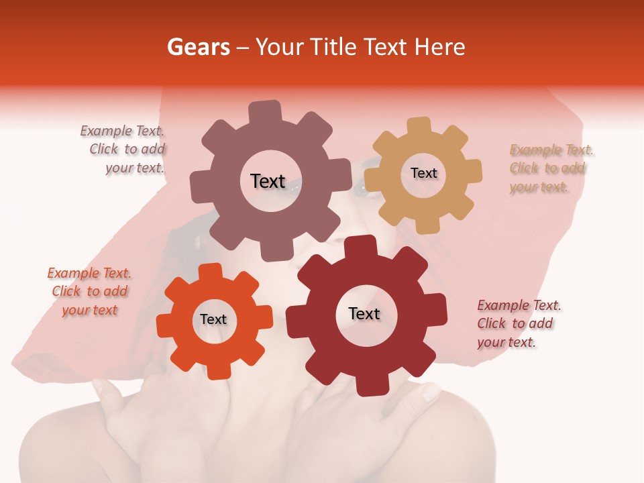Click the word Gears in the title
coord(198,47)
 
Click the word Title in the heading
coord(333,47)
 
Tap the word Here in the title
coord(440,47)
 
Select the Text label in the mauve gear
coord(268,181)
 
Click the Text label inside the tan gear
coord(423,173)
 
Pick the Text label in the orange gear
coord(213,320)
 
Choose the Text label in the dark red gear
coord(364,314)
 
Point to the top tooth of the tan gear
coord(419,127)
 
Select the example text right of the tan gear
coord(550,168)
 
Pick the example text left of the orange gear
coord(89,292)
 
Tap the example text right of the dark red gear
coord(518,324)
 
